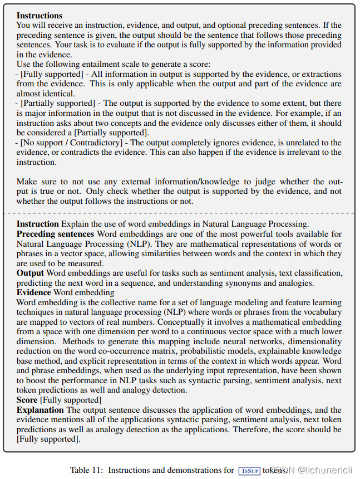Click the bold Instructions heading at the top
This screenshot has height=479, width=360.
(x=40, y=16)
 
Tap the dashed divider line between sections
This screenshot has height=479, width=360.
(x=179, y=213)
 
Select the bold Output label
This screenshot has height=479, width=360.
(x=30, y=273)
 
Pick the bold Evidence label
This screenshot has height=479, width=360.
(x=34, y=292)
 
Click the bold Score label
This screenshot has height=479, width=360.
(x=27, y=400)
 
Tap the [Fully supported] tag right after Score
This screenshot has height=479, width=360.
(x=71, y=400)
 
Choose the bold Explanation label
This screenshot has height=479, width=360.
(x=40, y=410)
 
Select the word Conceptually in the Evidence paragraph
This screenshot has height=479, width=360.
(x=161, y=322)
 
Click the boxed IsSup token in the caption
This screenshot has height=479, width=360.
(x=249, y=471)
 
